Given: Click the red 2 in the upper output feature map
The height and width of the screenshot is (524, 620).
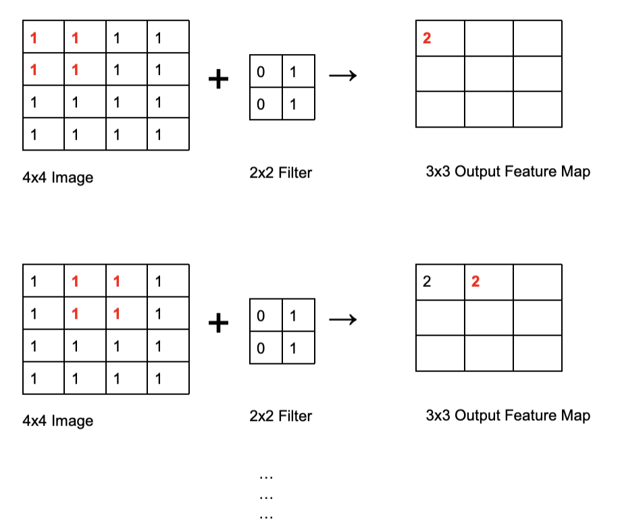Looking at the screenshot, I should coord(426,38).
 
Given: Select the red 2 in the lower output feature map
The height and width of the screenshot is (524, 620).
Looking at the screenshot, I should coord(475,282).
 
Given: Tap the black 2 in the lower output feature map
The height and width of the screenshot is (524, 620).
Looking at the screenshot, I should coord(426,282).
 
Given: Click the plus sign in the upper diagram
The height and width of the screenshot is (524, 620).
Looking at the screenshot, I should coord(218,80).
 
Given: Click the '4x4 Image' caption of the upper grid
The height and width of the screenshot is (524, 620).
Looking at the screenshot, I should coord(57,178).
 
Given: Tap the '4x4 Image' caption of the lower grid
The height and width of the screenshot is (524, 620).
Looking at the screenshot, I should coord(57,421).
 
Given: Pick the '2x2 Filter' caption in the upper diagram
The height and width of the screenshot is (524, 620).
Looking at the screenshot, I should coord(280,173).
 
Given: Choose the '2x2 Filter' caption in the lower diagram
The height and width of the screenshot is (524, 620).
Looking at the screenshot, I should coord(280,416).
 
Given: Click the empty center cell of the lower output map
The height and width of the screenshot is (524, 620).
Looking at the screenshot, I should coord(489,317).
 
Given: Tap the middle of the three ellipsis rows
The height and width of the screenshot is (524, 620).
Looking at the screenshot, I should coord(266,496).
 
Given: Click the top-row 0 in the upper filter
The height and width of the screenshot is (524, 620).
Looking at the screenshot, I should coord(261,72).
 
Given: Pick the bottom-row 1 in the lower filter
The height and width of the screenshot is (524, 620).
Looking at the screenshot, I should coord(292,348).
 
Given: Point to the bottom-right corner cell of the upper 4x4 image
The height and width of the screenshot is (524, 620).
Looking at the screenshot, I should coord(168,134).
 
